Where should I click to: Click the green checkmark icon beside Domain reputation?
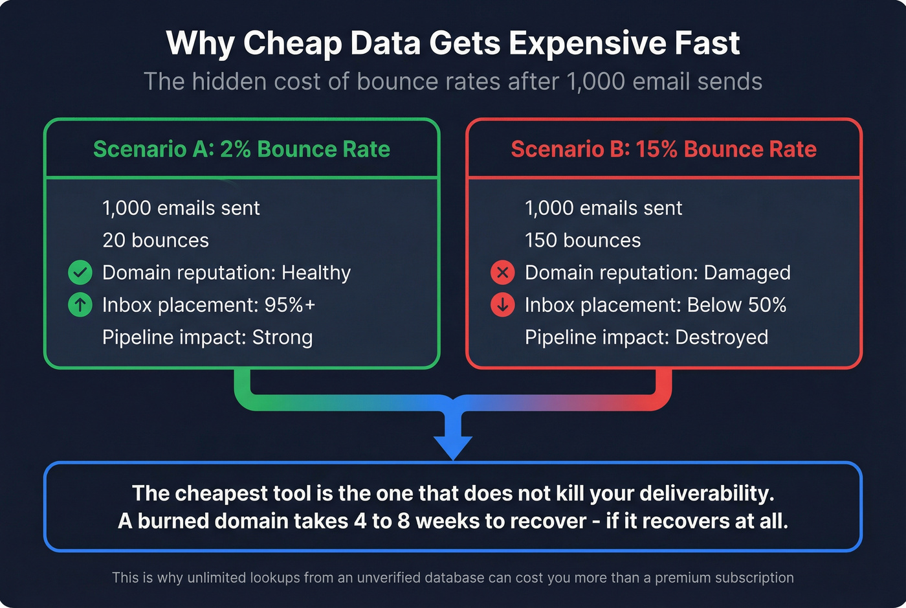point(80,273)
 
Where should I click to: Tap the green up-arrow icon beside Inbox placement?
point(80,305)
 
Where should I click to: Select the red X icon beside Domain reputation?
point(503,273)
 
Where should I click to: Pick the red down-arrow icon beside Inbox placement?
point(503,305)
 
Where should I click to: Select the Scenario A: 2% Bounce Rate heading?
point(241,149)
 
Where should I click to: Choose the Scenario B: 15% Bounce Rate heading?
point(663,149)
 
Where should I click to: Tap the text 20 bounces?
point(155,240)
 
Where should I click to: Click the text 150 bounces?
point(582,240)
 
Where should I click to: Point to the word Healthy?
point(316,273)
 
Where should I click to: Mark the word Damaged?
point(747,273)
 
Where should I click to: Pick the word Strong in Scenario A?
point(282,337)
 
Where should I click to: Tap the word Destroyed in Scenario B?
point(721,337)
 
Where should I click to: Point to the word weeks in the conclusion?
point(446,521)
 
